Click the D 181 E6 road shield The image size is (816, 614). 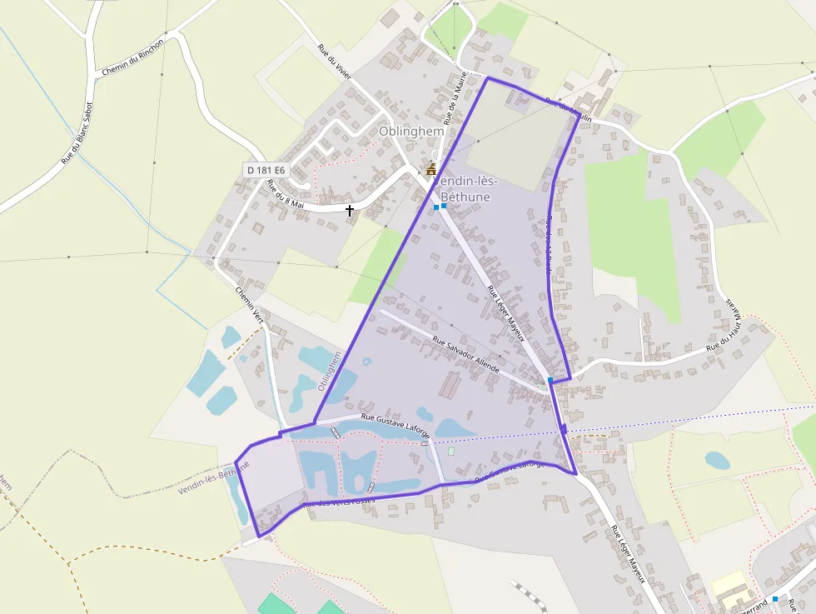pyautogui.click(x=266, y=170)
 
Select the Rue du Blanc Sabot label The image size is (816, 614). pyautogui.click(x=77, y=133)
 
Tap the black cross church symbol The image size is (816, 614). pyautogui.click(x=350, y=210)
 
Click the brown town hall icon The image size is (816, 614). pyautogui.click(x=431, y=169)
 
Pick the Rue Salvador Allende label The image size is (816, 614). pyautogui.click(x=466, y=354)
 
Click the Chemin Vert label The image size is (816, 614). pyautogui.click(x=248, y=303)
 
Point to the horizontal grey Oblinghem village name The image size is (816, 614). pyautogui.click(x=412, y=132)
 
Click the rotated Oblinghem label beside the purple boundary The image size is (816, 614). pyautogui.click(x=330, y=371)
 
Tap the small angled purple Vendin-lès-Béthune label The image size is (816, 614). pyautogui.click(x=213, y=477)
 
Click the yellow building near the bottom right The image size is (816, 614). pyautogui.click(x=729, y=583)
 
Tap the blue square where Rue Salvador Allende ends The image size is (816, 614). pyautogui.click(x=550, y=380)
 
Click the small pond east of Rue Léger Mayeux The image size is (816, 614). pyautogui.click(x=717, y=460)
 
